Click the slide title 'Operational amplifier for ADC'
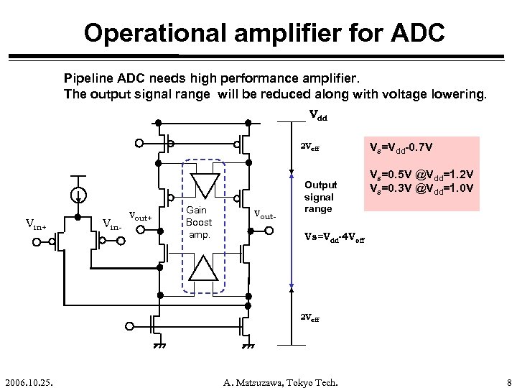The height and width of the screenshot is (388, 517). coord(264,32)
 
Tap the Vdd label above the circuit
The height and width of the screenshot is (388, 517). coord(318,114)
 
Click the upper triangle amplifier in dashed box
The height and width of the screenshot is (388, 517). coord(204,185)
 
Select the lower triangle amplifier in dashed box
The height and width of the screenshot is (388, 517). coord(204,269)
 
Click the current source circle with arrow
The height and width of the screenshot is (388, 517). coord(80,195)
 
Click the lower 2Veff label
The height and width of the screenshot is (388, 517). coord(309,317)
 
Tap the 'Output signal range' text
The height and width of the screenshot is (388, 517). coord(320,197)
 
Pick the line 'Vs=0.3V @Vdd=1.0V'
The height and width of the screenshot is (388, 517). coord(420,189)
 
